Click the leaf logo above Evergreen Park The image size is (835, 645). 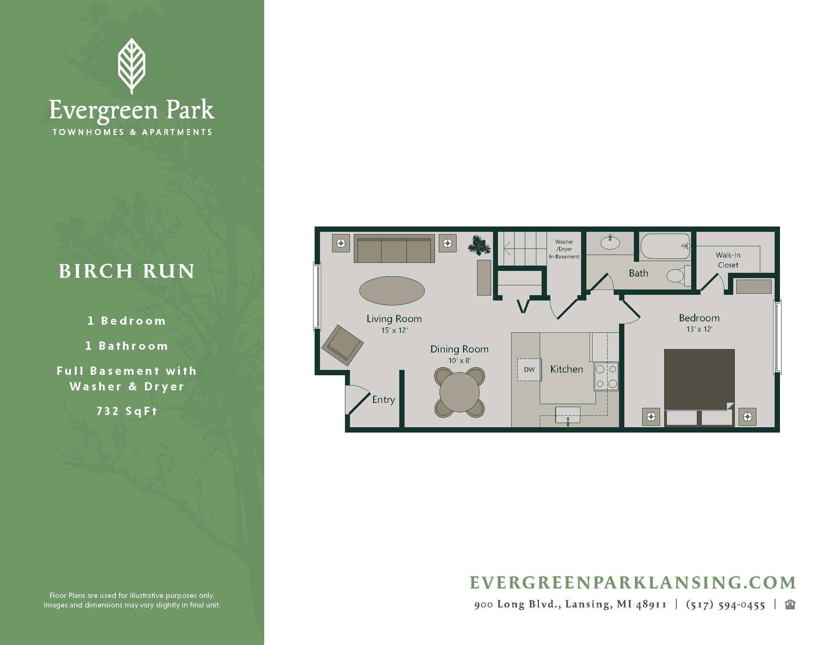click(131, 65)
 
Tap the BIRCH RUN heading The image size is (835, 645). click(127, 271)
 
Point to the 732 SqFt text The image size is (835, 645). click(127, 411)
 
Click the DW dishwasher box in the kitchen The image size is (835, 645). click(529, 370)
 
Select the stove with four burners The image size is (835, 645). click(606, 376)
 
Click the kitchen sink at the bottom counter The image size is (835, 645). click(568, 415)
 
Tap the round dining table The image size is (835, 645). click(459, 392)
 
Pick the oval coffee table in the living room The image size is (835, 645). click(392, 291)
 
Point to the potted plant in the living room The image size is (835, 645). click(479, 245)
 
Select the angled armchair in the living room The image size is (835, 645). click(342, 345)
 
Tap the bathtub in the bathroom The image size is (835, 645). click(665, 247)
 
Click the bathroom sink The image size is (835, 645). click(610, 243)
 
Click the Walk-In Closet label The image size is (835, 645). click(728, 260)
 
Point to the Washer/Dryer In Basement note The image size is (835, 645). click(564, 249)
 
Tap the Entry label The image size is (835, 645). click(383, 400)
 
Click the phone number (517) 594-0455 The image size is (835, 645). click(725, 605)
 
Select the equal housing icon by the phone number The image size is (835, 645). click(790, 605)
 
